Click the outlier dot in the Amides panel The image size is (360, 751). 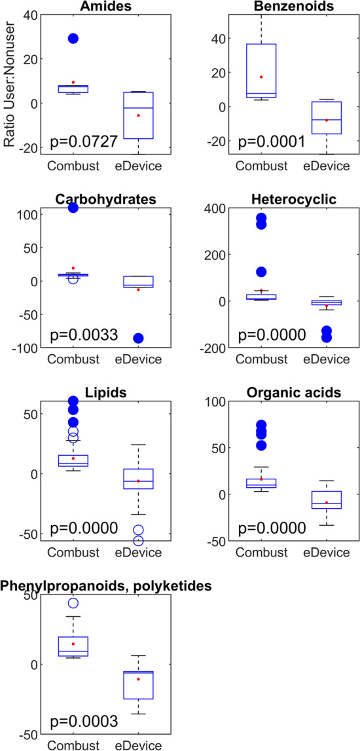click(73, 39)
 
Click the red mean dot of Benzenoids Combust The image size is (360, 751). click(261, 77)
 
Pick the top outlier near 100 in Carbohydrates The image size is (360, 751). click(73, 208)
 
